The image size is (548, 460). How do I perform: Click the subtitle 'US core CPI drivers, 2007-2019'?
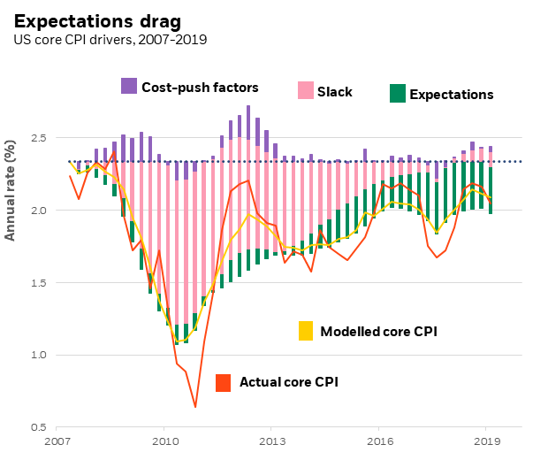pyautogui.click(x=110, y=41)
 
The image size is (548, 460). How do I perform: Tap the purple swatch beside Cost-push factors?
pyautogui.click(x=129, y=86)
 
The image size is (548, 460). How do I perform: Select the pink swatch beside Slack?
pyautogui.click(x=305, y=90)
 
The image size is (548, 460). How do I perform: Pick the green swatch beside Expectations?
pyautogui.click(x=397, y=93)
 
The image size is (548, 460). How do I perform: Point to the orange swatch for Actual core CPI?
pyautogui.click(x=225, y=382)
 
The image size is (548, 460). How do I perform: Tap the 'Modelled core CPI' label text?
pyautogui.click(x=378, y=332)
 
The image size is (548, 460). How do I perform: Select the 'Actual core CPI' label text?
pyautogui.click(x=289, y=383)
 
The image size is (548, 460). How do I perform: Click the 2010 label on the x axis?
pyautogui.click(x=164, y=441)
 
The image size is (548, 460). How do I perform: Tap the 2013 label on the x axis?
pyautogui.click(x=272, y=441)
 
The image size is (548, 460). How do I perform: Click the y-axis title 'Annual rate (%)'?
pyautogui.click(x=11, y=189)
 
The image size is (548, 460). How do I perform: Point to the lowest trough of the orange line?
pyautogui.click(x=194, y=407)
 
